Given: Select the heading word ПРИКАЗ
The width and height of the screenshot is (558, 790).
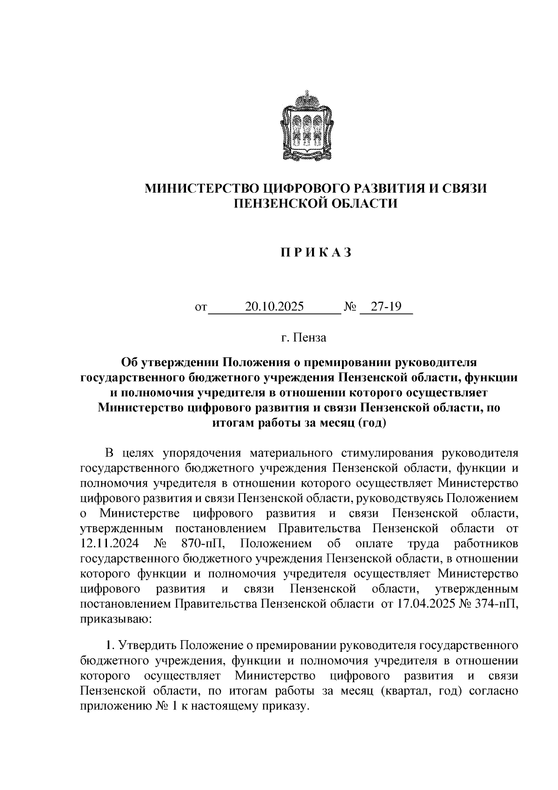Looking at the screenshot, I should coord(316,252).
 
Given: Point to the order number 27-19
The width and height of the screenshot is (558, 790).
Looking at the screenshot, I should coord(385,307).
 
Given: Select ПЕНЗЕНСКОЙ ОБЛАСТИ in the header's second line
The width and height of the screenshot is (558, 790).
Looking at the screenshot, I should coord(316,203).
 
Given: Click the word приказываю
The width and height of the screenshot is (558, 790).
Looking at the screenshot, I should coord(114,619).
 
